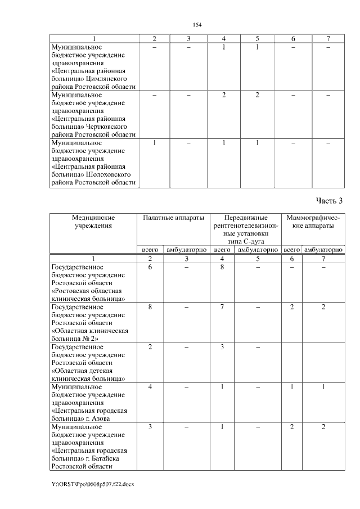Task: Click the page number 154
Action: (197, 25)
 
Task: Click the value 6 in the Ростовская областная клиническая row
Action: (150, 267)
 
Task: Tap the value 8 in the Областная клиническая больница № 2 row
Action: (150, 307)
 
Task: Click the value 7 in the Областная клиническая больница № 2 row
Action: (223, 307)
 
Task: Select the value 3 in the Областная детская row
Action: (223, 347)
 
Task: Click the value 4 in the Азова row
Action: (150, 387)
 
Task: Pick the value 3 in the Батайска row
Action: (150, 427)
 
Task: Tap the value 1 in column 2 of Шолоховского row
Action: (154, 143)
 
